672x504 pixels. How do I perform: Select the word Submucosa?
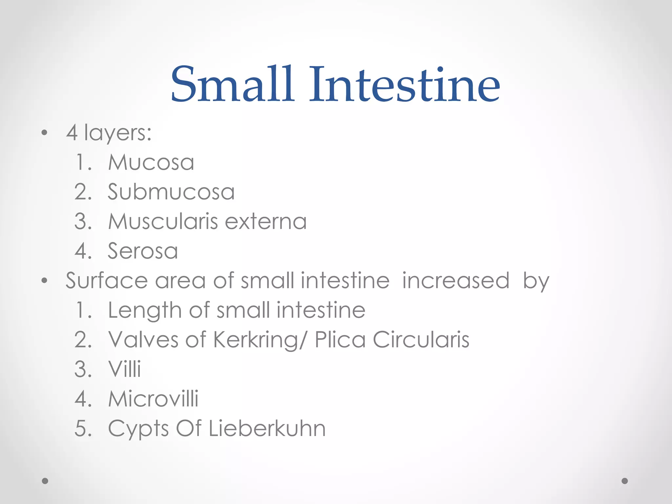click(x=171, y=192)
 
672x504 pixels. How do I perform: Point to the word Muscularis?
click(x=163, y=221)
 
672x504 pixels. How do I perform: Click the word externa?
click(x=266, y=221)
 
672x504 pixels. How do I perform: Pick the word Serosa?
click(x=143, y=251)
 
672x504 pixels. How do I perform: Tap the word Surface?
click(x=107, y=281)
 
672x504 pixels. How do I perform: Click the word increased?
click(x=456, y=281)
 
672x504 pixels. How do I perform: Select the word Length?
click(x=145, y=311)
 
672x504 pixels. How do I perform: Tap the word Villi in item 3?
click(x=125, y=369)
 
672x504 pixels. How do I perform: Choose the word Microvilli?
click(x=153, y=399)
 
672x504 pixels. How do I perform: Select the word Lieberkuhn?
click(x=267, y=428)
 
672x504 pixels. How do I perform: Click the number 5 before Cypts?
click(x=81, y=428)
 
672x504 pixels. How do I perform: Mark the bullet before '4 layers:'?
click(x=45, y=133)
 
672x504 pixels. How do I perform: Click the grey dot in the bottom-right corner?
click(x=625, y=481)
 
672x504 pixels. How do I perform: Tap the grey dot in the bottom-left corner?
click(x=45, y=481)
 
